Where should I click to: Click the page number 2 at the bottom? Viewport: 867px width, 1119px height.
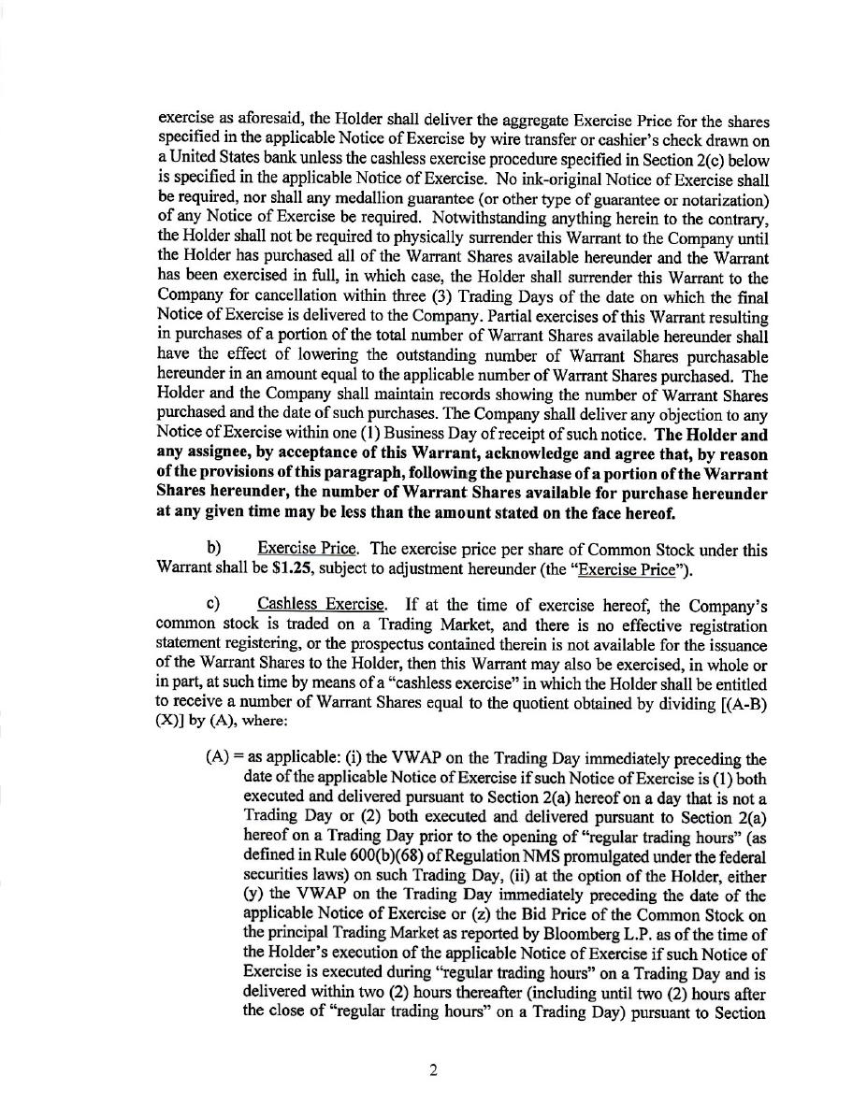433,1071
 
